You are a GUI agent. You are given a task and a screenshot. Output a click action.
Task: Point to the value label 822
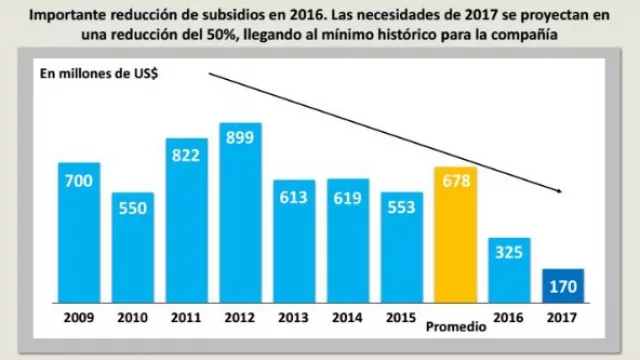tap(186, 156)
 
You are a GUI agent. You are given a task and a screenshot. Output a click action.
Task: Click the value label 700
tap(78, 181)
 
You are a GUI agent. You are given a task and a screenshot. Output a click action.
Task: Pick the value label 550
tap(132, 211)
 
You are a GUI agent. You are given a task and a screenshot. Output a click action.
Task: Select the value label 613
tap(294, 198)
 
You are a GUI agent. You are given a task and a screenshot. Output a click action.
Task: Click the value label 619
tap(348, 198)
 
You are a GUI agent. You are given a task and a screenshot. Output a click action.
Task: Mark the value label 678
tap(455, 184)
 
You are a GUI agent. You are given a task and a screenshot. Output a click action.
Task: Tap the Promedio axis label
tap(455, 328)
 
